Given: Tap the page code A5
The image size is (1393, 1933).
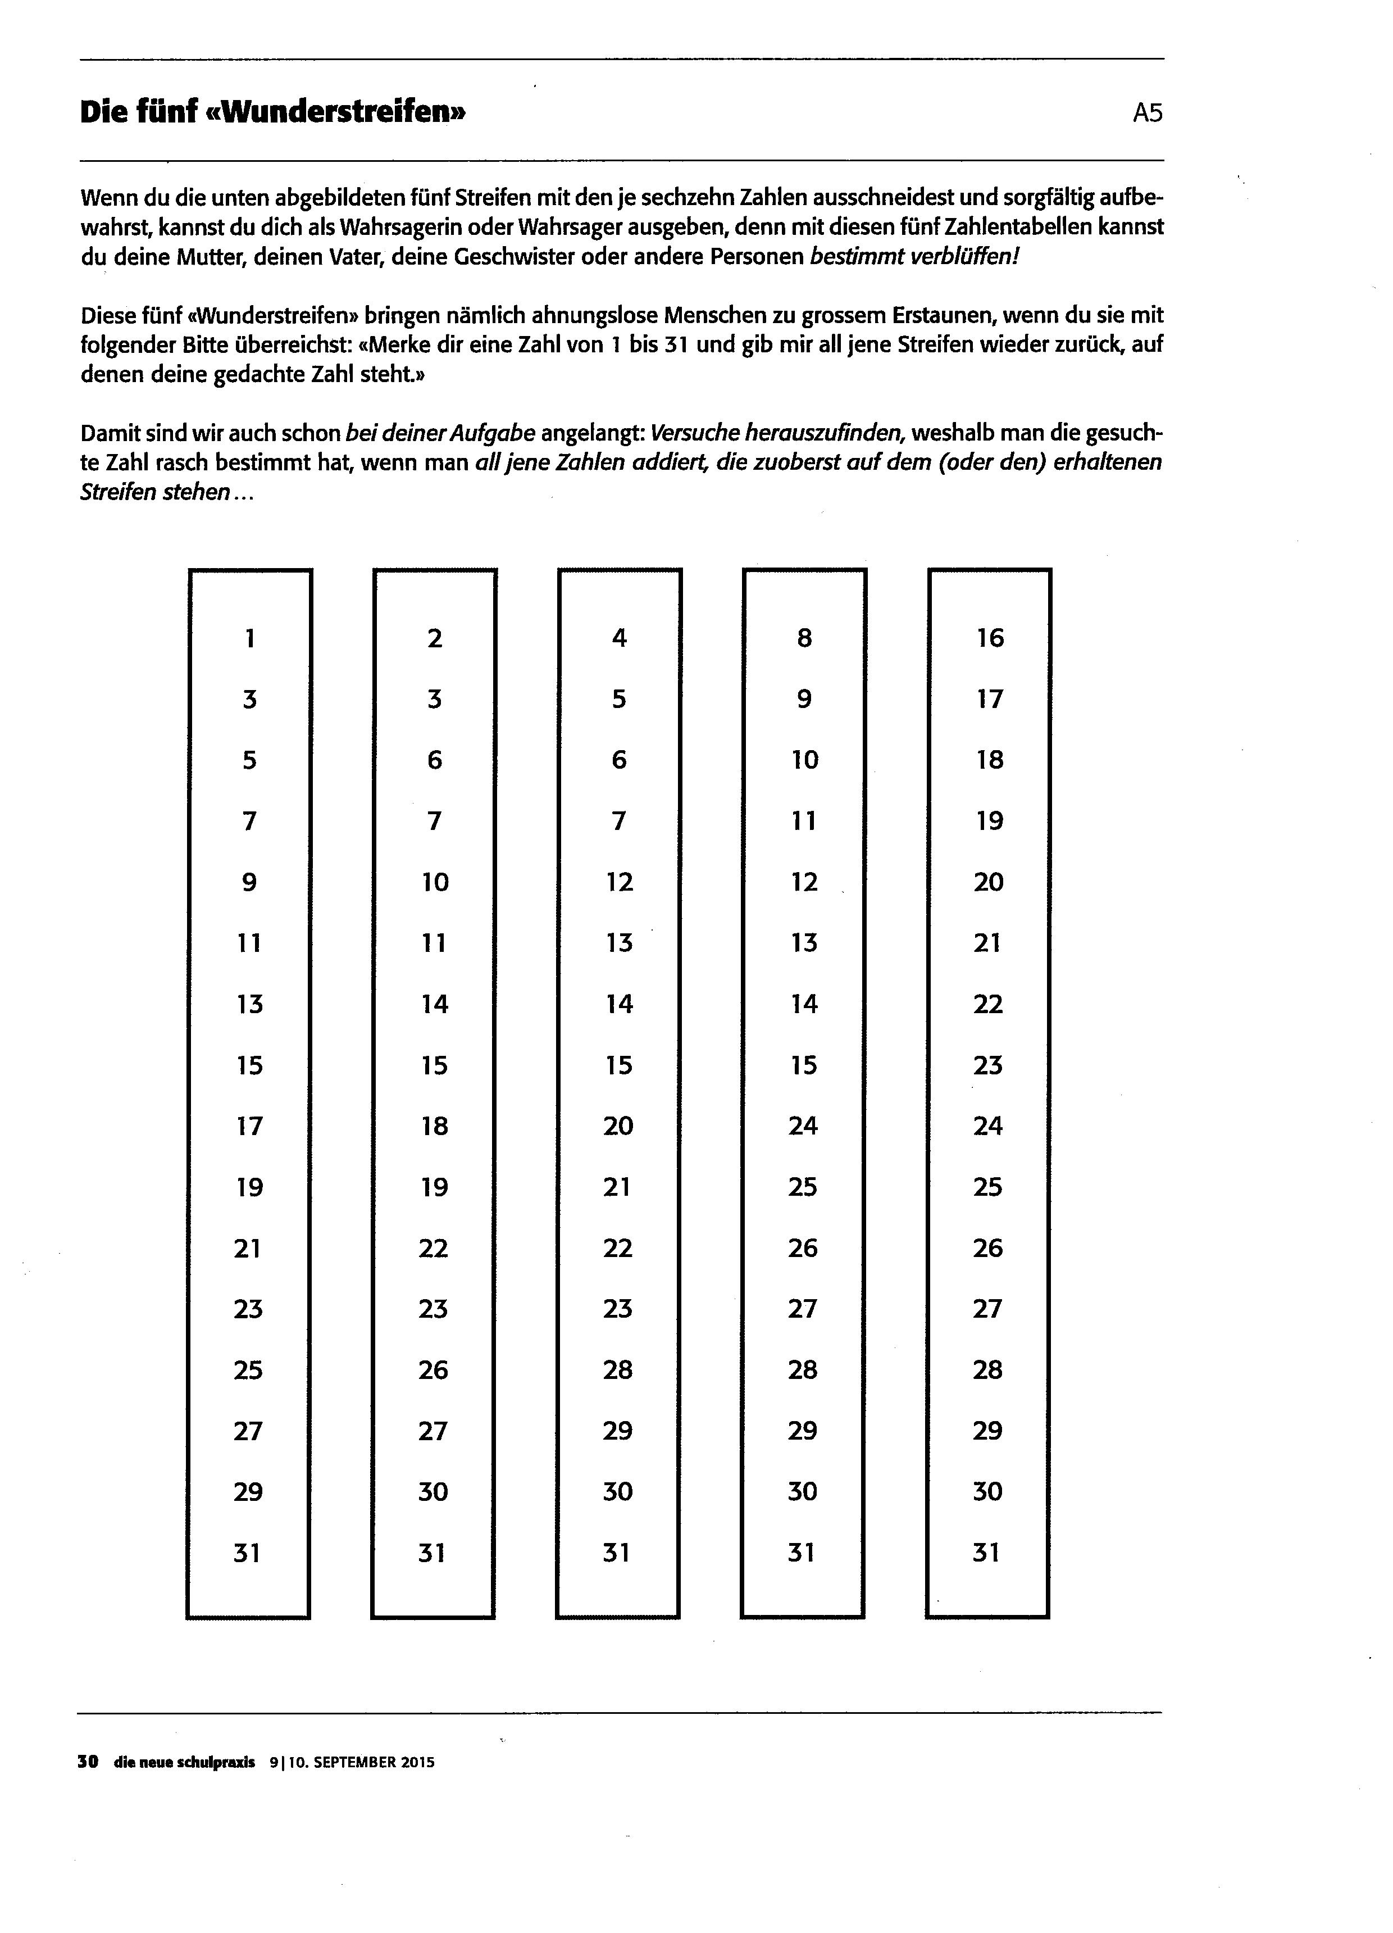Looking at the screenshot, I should (1147, 112).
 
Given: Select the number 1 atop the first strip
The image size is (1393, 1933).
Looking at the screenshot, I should (249, 638).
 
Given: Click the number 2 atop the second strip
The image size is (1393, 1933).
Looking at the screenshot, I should (435, 638).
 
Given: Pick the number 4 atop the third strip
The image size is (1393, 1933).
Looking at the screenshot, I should (620, 638).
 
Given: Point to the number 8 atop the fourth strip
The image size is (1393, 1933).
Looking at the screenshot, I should (804, 638).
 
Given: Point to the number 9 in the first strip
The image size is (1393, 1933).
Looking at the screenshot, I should (249, 881).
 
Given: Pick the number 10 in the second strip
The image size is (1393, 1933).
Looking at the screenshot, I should (435, 881).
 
